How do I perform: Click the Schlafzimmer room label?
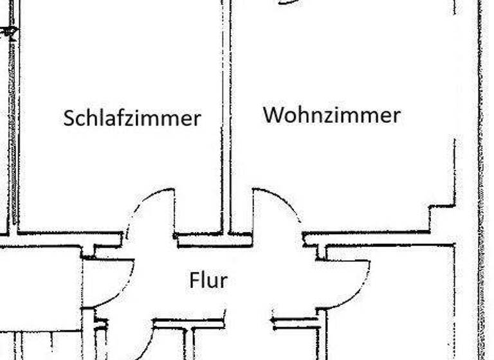(132, 118)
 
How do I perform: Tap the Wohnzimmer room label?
(331, 115)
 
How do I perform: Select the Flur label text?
(208, 280)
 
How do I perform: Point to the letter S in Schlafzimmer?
(69, 118)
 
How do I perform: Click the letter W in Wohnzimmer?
(272, 115)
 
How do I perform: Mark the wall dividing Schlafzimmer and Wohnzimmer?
(226, 116)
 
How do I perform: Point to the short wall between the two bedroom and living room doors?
(214, 240)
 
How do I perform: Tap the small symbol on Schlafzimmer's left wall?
(10, 31)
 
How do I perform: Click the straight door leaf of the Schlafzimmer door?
(174, 212)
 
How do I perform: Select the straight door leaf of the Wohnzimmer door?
(253, 212)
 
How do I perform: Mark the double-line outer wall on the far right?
(480, 180)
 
